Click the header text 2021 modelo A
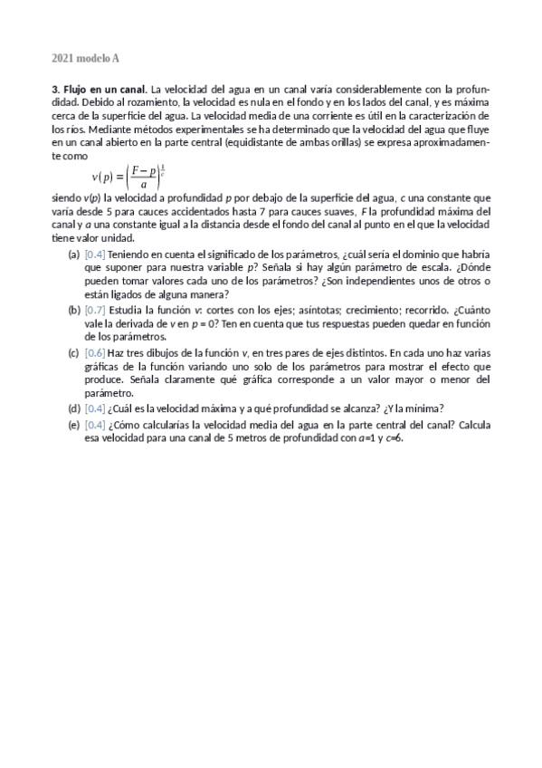coord(85,59)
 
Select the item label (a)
coord(74,255)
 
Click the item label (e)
coord(74,424)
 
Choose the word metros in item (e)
coord(237,437)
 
